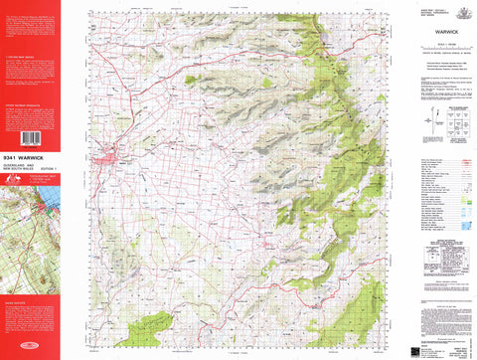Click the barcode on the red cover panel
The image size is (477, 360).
pos(30,139)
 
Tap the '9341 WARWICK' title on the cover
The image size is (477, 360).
pos(30,156)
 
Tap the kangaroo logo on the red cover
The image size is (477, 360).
pos(14,182)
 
